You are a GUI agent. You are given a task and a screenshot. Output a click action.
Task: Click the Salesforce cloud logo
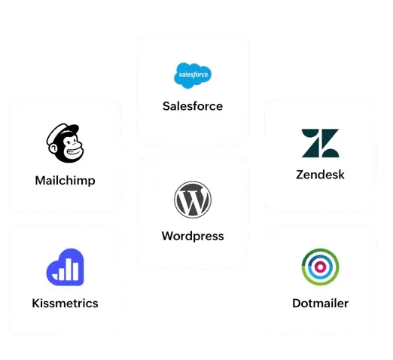point(193,75)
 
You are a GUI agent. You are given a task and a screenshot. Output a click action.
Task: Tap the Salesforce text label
point(193,106)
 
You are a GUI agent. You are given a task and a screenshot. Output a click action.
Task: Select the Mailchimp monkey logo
point(65,143)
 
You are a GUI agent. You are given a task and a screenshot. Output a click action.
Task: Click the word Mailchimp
point(65,181)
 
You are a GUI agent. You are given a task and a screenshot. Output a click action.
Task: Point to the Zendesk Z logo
point(320,143)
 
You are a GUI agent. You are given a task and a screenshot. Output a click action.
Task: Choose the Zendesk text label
point(320,175)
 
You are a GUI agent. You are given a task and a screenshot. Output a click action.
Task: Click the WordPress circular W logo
point(193,200)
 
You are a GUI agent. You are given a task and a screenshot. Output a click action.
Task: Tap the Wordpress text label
point(193,236)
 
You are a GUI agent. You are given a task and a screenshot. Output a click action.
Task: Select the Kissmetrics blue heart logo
point(65,267)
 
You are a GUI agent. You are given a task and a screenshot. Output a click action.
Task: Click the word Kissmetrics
point(65,304)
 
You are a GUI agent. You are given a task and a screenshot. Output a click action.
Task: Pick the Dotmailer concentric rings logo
point(320,267)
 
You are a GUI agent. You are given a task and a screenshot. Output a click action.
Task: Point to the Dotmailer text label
point(320,304)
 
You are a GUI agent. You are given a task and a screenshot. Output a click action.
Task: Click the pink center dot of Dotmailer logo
point(320,267)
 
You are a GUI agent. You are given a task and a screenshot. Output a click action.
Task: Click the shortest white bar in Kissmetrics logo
point(55,277)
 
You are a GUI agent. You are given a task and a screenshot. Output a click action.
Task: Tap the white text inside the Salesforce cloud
point(193,75)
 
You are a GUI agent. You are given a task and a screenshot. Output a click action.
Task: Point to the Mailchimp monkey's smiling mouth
point(75,152)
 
